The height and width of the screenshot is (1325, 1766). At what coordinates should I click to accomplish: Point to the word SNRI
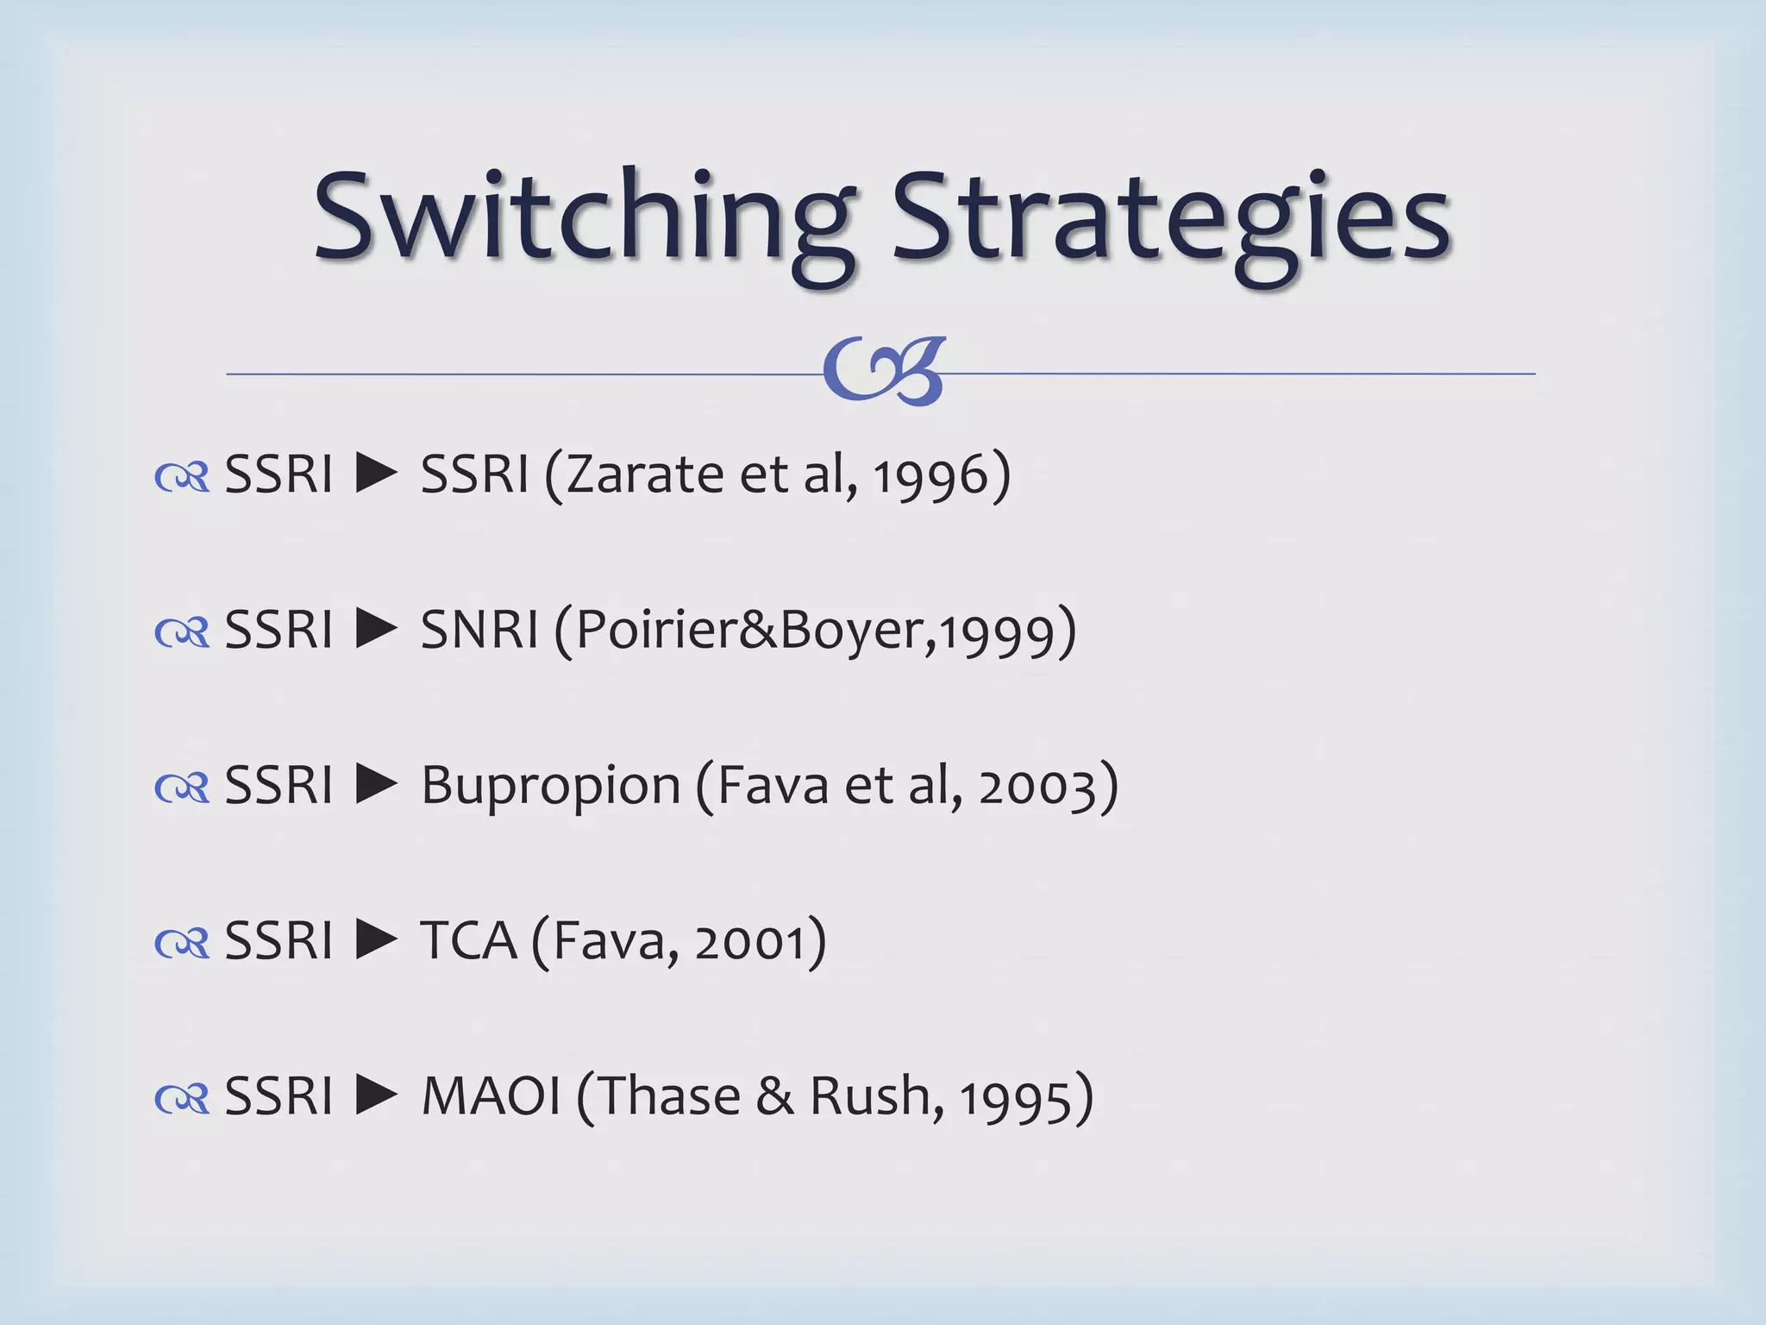tap(479, 630)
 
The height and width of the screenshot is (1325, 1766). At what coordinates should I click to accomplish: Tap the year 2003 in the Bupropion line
tap(1036, 788)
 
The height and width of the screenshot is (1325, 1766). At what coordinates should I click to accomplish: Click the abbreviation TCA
tap(468, 940)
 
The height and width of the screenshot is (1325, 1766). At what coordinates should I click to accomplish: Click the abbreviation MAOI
tap(491, 1096)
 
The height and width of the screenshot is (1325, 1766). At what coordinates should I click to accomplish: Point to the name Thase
tap(669, 1096)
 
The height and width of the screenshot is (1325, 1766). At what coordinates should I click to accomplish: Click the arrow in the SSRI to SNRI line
tap(377, 629)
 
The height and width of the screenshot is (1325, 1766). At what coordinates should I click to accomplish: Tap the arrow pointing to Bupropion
tap(377, 784)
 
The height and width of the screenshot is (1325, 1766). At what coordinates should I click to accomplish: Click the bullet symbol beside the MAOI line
tap(182, 1098)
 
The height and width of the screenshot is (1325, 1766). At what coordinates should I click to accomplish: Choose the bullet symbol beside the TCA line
tap(182, 943)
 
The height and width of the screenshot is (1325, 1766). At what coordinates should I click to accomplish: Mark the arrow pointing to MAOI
tap(377, 1095)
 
